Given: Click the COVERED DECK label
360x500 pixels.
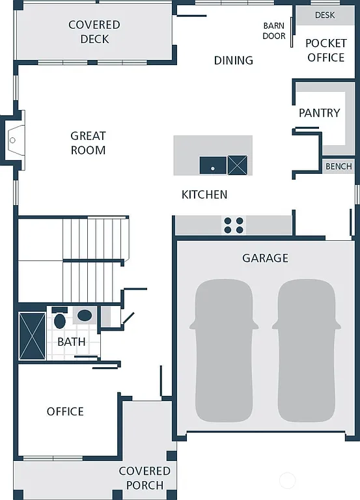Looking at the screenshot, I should [94, 32].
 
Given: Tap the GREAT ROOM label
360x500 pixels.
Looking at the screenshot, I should [88, 143].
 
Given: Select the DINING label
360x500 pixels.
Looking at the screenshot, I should [233, 61].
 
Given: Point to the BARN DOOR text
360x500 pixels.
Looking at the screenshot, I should [274, 31].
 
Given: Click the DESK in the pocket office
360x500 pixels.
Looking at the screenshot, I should [325, 15].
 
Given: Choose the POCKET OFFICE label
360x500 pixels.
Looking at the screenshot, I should [325, 50].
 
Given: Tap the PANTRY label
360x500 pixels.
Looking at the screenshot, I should [319, 113].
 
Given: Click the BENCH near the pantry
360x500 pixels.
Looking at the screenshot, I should [339, 167].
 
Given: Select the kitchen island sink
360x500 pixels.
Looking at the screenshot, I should [213, 165].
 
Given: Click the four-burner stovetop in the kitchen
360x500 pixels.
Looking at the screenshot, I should [234, 225].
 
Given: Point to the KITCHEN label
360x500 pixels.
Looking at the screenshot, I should [204, 195].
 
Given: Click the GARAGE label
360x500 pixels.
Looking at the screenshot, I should [265, 258].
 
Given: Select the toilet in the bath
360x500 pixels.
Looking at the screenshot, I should [60, 320].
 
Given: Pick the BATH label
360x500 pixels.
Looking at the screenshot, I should [71, 342].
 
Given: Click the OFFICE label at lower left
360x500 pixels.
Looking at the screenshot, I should [65, 411].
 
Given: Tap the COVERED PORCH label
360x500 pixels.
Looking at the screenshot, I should [145, 478].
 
